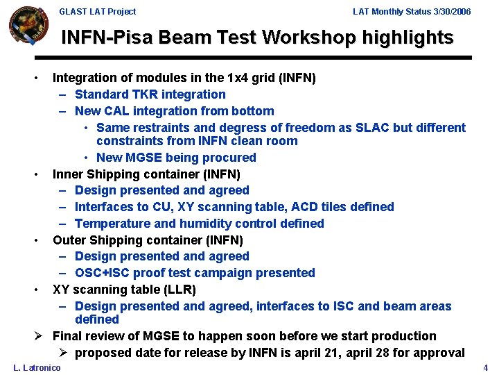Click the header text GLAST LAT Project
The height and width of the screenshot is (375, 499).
pos(98,12)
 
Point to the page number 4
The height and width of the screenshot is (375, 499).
pos(486,367)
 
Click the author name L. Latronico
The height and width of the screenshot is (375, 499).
pos(37,367)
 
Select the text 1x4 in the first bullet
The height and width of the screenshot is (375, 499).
pos(242,78)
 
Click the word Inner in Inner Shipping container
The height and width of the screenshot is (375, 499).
pos(67,174)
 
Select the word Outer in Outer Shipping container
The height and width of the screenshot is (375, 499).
pos(69,240)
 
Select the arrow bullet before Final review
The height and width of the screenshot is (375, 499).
pos(40,337)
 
